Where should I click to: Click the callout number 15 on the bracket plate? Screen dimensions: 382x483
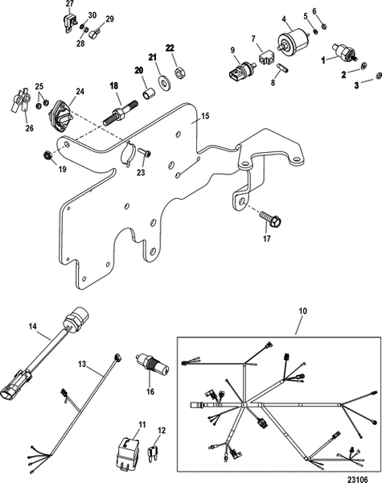(205, 116)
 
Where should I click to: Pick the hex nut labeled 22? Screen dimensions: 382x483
(179, 74)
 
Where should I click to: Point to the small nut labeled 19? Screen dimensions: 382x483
(47, 155)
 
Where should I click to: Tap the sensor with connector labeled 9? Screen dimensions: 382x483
(240, 71)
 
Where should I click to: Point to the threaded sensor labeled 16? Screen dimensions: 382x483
(152, 365)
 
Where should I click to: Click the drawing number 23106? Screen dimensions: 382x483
(357, 479)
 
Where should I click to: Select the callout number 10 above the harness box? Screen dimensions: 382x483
(303, 311)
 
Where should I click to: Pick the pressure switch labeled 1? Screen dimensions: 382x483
(345, 52)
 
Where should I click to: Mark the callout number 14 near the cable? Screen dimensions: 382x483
(33, 327)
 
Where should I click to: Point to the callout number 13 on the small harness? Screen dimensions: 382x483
(82, 364)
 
